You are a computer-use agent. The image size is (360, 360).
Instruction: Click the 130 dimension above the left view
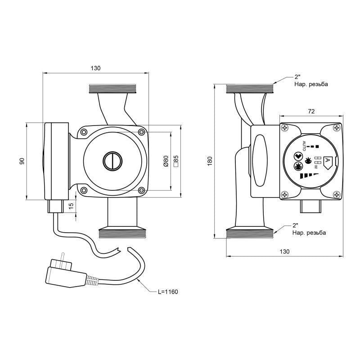coord(95,68)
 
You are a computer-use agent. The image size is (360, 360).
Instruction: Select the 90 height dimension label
coord(22,161)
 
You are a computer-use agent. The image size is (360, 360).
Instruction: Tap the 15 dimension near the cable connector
coord(71,206)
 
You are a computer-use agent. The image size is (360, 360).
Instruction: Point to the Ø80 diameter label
coord(166,161)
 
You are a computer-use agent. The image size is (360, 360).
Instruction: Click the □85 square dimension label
coord(176,161)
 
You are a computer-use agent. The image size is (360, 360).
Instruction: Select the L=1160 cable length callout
coord(168,292)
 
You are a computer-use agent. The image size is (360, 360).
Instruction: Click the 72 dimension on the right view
coord(311,111)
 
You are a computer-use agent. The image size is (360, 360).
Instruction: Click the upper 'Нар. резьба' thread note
coord(311,84)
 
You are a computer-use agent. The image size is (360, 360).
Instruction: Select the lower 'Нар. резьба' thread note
coord(309,233)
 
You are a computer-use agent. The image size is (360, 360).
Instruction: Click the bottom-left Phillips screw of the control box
coord(285,194)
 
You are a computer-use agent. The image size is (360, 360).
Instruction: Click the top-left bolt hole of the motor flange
coord(83,132)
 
